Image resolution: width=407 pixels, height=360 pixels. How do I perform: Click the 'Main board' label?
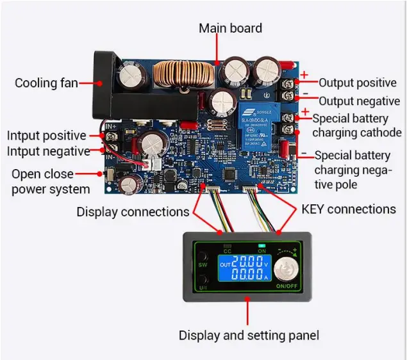click(x=230, y=28)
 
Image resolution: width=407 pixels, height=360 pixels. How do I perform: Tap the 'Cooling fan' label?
click(x=46, y=83)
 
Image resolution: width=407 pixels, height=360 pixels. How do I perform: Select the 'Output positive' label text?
click(x=358, y=83)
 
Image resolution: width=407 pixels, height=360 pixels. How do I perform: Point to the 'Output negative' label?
click(x=359, y=101)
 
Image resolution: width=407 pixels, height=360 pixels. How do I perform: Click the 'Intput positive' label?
click(x=46, y=136)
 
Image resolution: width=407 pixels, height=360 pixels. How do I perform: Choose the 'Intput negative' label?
click(x=48, y=152)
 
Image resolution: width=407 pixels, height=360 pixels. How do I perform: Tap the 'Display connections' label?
click(x=133, y=211)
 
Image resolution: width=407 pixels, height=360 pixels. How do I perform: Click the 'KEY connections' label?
click(x=349, y=209)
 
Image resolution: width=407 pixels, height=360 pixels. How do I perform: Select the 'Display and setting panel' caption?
click(x=248, y=335)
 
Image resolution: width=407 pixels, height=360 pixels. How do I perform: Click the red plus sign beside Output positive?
click(x=304, y=75)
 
